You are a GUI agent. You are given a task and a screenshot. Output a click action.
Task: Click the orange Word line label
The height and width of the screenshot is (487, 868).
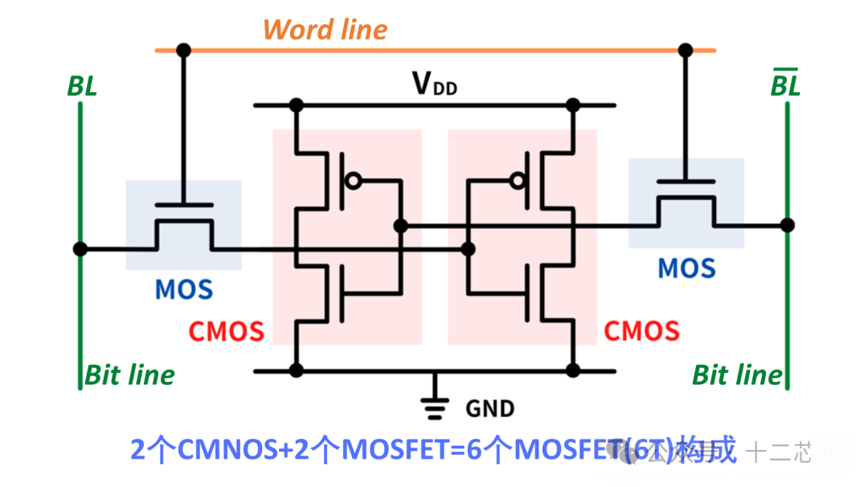(x=325, y=30)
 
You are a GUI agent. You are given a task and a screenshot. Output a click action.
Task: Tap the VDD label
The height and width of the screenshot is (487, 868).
(x=434, y=83)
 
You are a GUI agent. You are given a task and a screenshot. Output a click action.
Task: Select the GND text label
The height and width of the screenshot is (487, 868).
(x=489, y=408)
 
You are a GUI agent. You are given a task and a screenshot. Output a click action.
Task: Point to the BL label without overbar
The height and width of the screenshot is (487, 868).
(x=81, y=86)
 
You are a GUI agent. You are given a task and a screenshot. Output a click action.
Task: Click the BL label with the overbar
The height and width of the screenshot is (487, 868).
(x=785, y=84)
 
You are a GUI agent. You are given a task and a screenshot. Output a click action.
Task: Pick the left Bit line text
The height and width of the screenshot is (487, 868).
(x=129, y=374)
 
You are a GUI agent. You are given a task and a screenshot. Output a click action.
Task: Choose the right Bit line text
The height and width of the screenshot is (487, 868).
(x=737, y=374)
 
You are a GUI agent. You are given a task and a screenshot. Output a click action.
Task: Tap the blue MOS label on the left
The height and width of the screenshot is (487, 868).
(x=184, y=289)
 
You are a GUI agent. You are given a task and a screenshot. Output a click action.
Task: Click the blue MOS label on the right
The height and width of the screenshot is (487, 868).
(x=686, y=268)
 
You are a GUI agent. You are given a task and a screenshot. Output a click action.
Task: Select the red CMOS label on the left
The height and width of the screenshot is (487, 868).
(x=226, y=330)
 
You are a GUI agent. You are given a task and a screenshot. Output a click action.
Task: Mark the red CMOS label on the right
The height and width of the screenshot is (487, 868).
(x=641, y=330)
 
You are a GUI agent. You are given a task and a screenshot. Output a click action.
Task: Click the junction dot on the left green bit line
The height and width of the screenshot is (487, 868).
(x=80, y=249)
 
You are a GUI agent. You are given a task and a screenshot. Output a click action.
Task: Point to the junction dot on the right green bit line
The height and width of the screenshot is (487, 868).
(x=788, y=225)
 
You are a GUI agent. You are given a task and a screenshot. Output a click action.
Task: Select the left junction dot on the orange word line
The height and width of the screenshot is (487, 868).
(x=184, y=50)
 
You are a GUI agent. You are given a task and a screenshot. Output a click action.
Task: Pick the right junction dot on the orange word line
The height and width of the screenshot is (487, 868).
(x=686, y=50)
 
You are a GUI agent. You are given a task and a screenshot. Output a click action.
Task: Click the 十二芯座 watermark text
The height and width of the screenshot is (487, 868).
(x=792, y=452)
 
